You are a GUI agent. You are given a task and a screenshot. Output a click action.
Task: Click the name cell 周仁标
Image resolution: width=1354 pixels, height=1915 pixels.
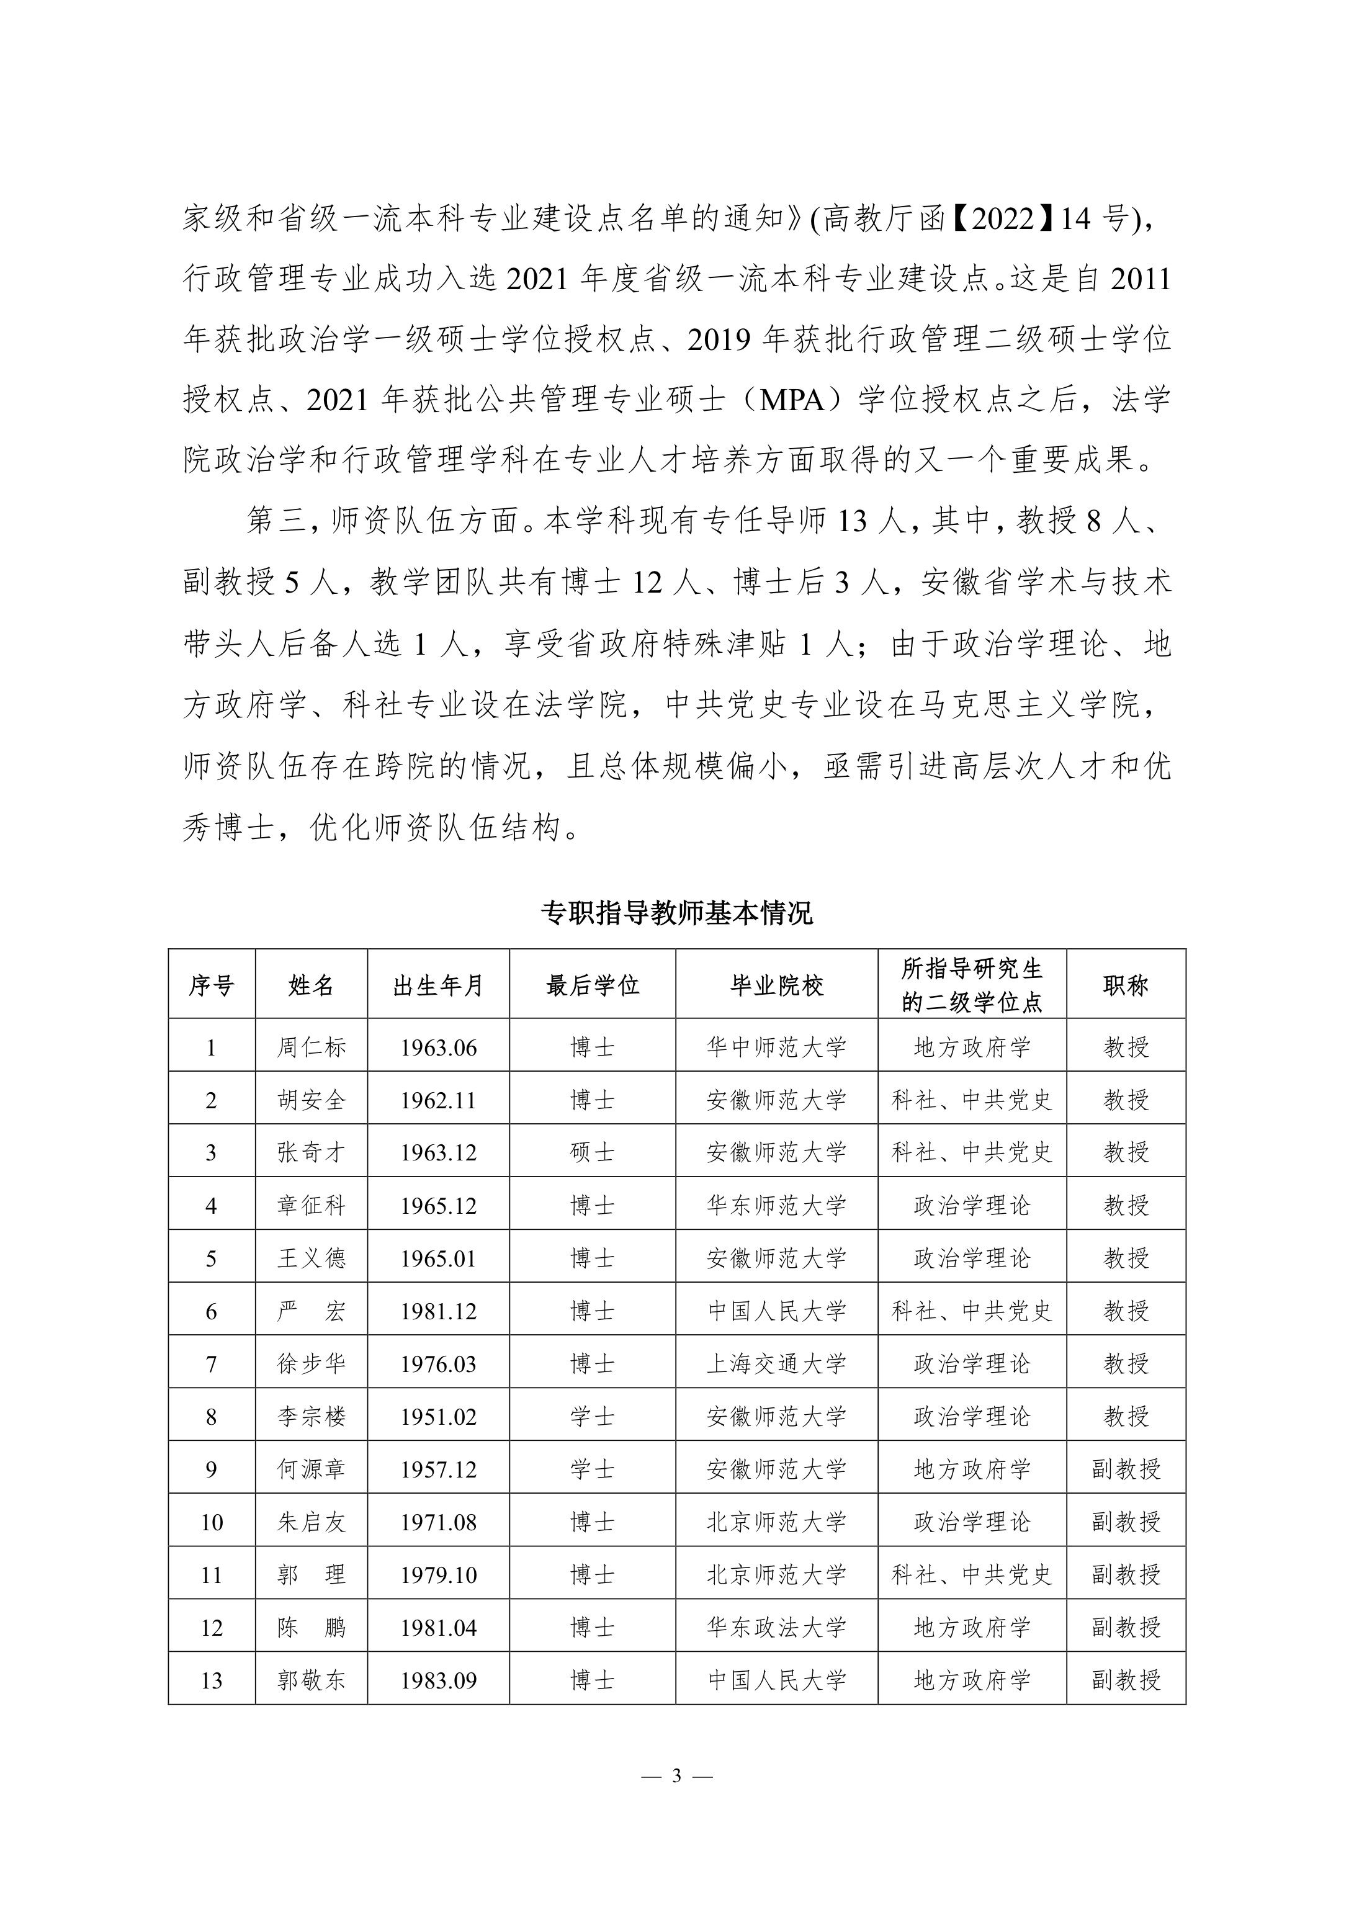click(x=311, y=1047)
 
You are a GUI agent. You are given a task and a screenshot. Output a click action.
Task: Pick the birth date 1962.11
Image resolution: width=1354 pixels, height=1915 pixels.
click(x=438, y=1100)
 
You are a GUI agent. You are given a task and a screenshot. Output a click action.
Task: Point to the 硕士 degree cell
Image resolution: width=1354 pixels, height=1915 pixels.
click(x=593, y=1153)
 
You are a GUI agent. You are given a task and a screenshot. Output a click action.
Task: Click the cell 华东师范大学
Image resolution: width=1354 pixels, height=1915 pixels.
click(x=777, y=1205)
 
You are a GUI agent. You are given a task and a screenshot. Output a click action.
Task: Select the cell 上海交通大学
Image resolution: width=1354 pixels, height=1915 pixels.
click(x=777, y=1364)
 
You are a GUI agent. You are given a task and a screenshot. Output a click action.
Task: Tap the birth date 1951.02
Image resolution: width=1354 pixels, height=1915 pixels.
click(x=438, y=1416)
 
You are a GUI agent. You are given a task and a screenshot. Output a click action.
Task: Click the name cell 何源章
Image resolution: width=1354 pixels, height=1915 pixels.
click(x=311, y=1469)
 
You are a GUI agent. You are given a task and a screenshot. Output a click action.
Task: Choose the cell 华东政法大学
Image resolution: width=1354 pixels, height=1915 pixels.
click(x=777, y=1627)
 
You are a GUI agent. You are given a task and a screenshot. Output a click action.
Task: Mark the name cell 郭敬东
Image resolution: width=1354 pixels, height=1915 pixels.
click(x=311, y=1680)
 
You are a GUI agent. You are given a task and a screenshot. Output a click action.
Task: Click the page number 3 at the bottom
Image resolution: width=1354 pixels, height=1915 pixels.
click(x=676, y=1776)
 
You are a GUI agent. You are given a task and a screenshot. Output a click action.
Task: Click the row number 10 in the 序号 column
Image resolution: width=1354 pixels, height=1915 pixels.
click(x=211, y=1522)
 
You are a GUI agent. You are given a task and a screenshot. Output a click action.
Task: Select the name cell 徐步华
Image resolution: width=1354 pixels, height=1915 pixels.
click(x=311, y=1364)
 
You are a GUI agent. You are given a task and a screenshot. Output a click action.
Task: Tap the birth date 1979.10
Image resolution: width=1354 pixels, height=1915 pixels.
click(x=438, y=1575)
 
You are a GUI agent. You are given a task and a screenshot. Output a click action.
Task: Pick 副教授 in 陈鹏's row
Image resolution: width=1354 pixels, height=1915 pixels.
click(x=1126, y=1627)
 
